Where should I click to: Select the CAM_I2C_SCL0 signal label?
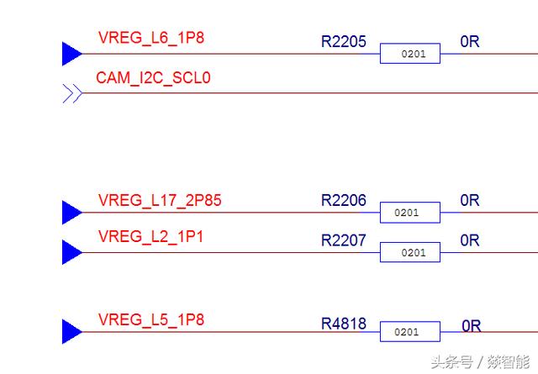[153, 78]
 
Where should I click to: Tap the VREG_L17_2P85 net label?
[160, 201]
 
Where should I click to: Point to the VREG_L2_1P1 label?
[150, 237]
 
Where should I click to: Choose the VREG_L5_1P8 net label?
[150, 320]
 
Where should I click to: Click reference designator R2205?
[344, 41]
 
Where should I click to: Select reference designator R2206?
[344, 201]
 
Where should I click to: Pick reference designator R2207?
[344, 240]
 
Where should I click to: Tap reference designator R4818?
[344, 324]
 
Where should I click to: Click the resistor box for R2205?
[409, 54]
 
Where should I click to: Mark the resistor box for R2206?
[409, 213]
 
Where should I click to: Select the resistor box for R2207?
[409, 252]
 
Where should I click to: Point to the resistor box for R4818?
[409, 332]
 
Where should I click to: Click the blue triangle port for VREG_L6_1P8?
[71, 54]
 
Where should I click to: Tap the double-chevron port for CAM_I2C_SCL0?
[72, 93]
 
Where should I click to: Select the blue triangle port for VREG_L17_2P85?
[71, 213]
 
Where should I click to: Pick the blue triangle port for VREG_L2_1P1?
[71, 252]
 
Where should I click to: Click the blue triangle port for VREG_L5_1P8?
[71, 332]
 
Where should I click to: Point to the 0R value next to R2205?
[470, 41]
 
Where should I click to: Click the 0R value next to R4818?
[471, 326]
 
